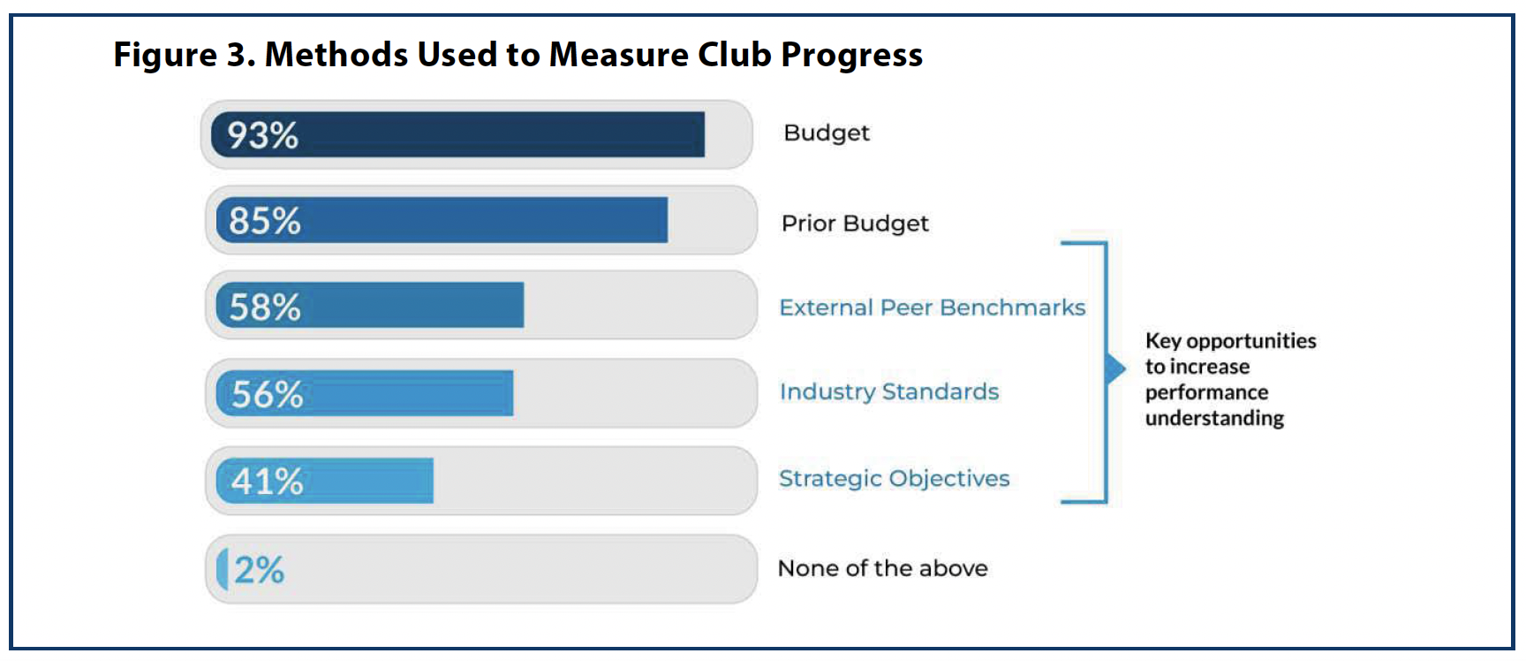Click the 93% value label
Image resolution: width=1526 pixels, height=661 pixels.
(262, 135)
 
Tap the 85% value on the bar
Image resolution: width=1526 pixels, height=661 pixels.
(264, 221)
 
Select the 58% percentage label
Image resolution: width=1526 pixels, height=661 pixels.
(264, 307)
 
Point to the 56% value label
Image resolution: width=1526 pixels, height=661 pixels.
(267, 394)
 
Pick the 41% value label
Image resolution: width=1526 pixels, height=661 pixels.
(267, 482)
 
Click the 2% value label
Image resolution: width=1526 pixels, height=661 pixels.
(260, 570)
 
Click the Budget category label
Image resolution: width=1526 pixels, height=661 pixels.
(826, 133)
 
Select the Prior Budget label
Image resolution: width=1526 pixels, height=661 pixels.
(854, 224)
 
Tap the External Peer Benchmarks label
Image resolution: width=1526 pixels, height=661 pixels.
(932, 308)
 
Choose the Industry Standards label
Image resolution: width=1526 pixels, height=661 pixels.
(888, 391)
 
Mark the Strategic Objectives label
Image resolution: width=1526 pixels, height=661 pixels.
(893, 478)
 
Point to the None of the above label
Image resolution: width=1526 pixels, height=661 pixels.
(882, 568)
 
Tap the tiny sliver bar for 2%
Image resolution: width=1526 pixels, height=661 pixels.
(223, 569)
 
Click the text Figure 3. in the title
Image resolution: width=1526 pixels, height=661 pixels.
(184, 55)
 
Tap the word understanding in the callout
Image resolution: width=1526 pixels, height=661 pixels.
(1214, 418)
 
